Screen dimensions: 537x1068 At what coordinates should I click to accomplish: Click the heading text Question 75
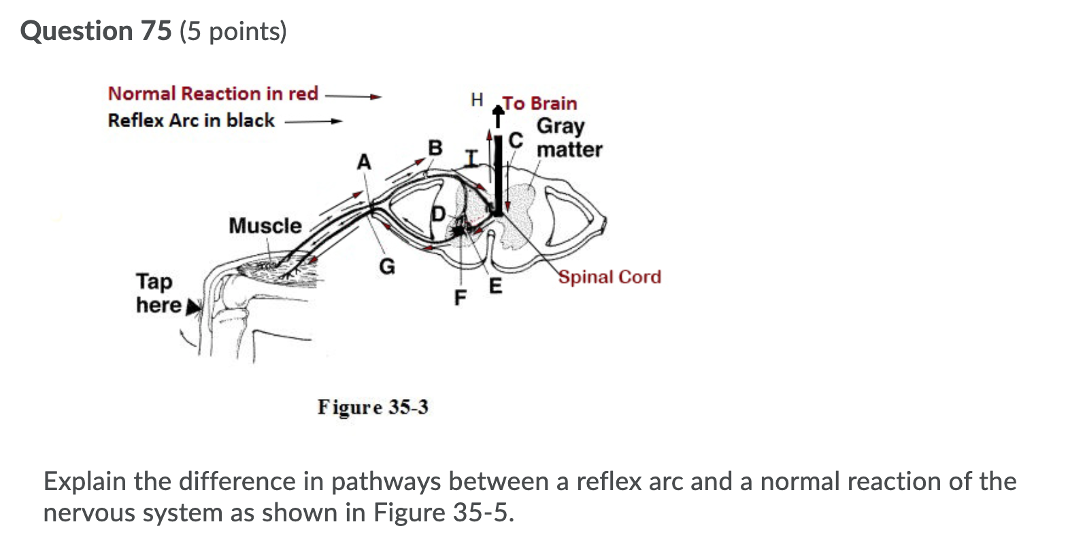click(x=96, y=31)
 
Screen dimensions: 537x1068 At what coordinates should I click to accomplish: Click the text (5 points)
click(x=233, y=31)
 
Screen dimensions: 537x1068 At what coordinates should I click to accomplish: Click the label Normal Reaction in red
click(x=213, y=93)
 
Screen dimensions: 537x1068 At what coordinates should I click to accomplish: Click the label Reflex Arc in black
click(x=191, y=120)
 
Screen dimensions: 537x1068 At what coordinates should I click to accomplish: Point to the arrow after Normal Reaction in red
click(x=354, y=96)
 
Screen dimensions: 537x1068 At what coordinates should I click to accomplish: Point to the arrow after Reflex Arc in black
click(x=314, y=122)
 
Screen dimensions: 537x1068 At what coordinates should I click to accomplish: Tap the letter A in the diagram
click(x=365, y=162)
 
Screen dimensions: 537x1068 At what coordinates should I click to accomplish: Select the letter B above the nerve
click(x=435, y=148)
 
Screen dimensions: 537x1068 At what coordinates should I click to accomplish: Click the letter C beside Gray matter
click(x=516, y=140)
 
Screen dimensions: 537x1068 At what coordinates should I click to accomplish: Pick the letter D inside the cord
click(x=439, y=215)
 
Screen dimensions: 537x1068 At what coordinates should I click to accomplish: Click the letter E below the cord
click(x=495, y=285)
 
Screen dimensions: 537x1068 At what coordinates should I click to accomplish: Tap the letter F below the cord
click(x=461, y=298)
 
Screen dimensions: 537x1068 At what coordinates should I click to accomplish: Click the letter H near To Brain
click(x=477, y=101)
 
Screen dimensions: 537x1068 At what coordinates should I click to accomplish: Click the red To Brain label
click(x=539, y=103)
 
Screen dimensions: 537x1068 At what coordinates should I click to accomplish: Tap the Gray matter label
click(x=569, y=138)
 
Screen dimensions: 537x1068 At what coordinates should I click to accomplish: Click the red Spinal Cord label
click(x=610, y=277)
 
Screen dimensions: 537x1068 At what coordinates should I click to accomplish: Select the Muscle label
click(x=265, y=226)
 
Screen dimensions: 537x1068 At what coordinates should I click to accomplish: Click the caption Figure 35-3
click(x=373, y=407)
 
